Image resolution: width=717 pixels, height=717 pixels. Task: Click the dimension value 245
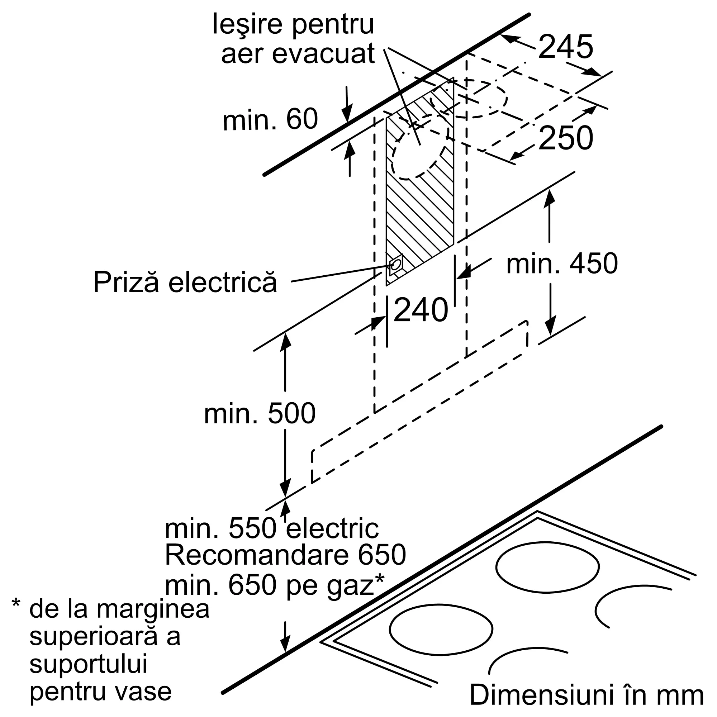[565, 47]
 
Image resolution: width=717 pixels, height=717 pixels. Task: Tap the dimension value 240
[421, 309]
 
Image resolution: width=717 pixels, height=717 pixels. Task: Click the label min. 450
[562, 263]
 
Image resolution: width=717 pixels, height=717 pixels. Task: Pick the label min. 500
[260, 413]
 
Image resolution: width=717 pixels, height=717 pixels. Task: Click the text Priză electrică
[185, 282]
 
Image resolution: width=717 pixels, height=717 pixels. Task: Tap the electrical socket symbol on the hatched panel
[396, 265]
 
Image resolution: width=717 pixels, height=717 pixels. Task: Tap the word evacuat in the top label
[323, 54]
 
